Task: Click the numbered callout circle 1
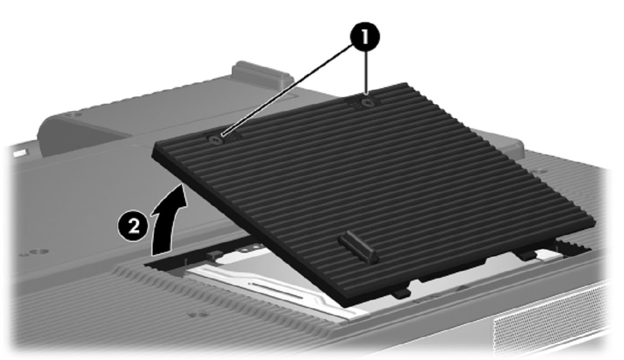[364, 37]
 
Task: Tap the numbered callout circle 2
[133, 227]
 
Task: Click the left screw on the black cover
[215, 140]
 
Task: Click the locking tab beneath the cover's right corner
[527, 255]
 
